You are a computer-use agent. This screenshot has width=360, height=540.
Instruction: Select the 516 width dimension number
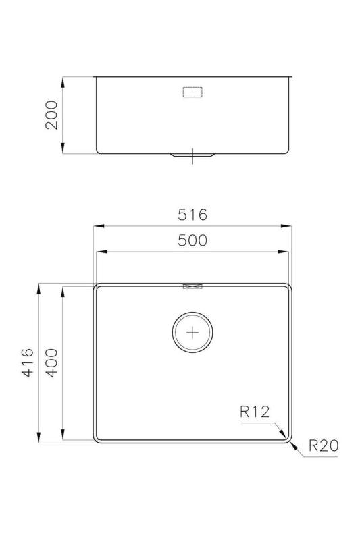pyautogui.click(x=192, y=215)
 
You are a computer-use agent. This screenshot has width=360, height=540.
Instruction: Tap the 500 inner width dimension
pyautogui.click(x=192, y=241)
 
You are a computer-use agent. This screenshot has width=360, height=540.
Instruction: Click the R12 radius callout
pyautogui.click(x=254, y=411)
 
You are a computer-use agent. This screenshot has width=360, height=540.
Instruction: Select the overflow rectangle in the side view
pyautogui.click(x=194, y=92)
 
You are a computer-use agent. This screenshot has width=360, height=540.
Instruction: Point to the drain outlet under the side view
pyautogui.click(x=193, y=155)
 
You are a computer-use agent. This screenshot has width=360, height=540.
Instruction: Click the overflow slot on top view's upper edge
pyautogui.click(x=192, y=287)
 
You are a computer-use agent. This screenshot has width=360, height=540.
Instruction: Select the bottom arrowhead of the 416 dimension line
pyautogui.click(x=38, y=440)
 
